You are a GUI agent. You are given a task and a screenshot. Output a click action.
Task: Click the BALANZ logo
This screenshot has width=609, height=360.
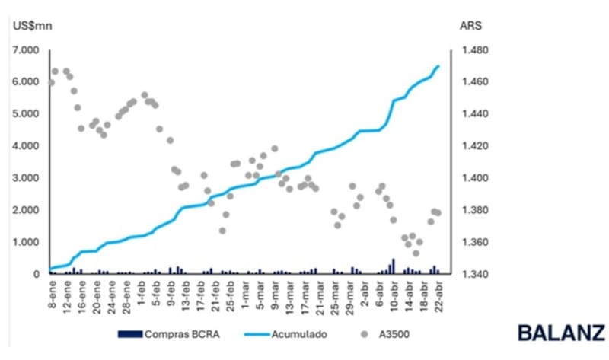(561, 333)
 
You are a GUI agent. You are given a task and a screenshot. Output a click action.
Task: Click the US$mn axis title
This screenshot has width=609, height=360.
(31, 25)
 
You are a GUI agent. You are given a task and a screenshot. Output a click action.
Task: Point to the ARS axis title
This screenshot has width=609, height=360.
(470, 25)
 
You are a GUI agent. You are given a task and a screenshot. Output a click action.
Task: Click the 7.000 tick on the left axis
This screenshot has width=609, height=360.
(26, 50)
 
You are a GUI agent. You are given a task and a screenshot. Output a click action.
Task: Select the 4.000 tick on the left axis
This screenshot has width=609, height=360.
(26, 146)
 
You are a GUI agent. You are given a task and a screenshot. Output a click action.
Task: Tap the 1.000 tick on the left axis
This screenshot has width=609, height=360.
(26, 242)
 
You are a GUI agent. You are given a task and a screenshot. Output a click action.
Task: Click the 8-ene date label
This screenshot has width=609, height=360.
(53, 292)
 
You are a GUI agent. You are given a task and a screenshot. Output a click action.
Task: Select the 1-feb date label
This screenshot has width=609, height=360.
(142, 292)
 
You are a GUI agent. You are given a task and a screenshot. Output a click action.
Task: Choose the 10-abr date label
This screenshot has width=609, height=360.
(393, 294)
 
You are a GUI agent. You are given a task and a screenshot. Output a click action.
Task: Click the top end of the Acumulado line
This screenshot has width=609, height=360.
(438, 66)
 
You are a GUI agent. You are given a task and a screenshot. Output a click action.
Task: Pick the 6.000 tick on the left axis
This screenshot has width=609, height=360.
(26, 82)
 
